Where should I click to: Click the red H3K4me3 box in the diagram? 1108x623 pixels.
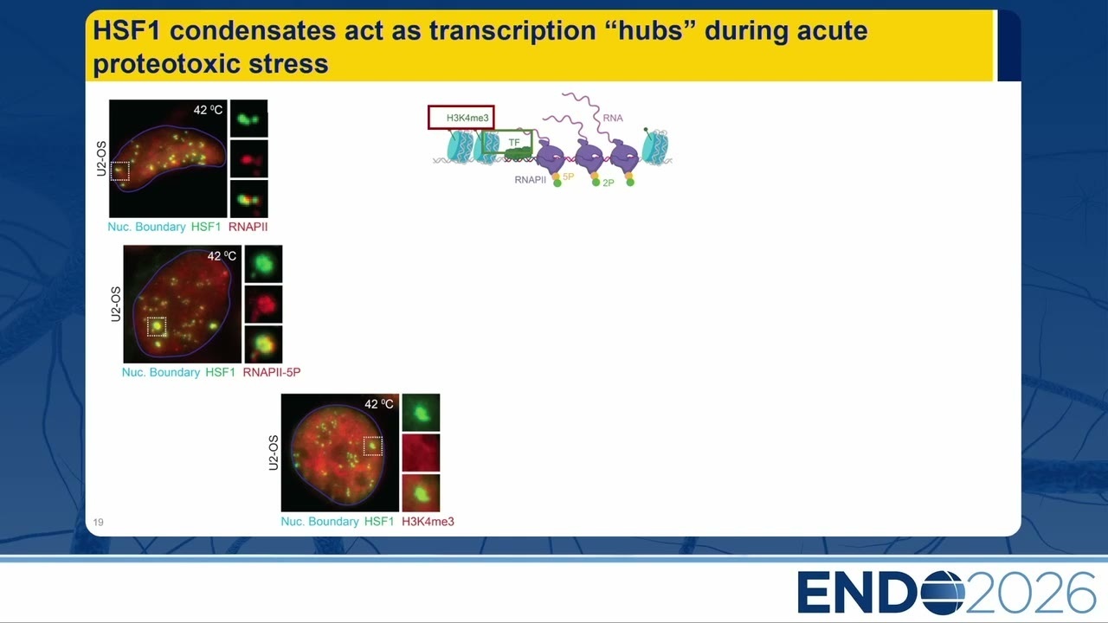tap(461, 106)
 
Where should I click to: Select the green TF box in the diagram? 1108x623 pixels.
tap(507, 132)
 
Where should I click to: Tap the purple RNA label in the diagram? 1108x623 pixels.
tap(613, 119)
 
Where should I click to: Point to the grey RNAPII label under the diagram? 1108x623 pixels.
tap(531, 180)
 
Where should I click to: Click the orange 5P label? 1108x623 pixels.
tap(569, 177)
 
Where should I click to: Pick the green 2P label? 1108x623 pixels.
tap(609, 183)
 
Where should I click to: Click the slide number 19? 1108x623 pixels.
tap(99, 522)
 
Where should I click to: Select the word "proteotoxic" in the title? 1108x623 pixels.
tap(167, 64)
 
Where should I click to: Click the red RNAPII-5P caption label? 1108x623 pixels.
tap(272, 372)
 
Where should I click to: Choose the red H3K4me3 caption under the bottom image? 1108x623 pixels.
tap(428, 522)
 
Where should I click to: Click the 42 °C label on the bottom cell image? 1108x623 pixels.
tap(379, 404)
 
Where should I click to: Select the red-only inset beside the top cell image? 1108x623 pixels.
tap(248, 159)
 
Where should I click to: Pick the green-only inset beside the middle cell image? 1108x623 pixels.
tap(264, 264)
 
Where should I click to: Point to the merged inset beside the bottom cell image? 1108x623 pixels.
tap(421, 493)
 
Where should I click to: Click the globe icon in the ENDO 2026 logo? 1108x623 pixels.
tap(944, 593)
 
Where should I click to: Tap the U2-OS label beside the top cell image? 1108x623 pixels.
tap(101, 158)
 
